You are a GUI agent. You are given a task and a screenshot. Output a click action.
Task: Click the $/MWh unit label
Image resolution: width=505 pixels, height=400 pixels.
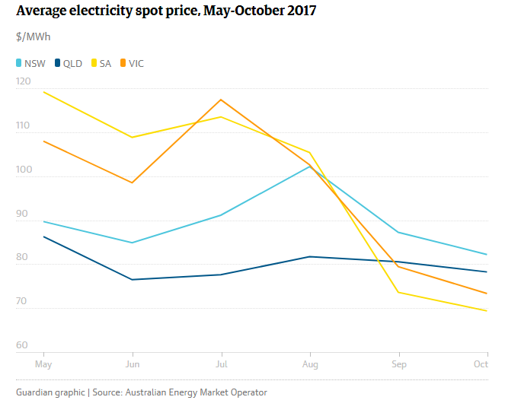pos(34,37)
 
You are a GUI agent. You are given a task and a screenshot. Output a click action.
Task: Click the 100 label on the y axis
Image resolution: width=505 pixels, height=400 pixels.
pos(24,169)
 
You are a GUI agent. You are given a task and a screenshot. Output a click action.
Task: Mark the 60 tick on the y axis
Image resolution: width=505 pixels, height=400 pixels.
pos(21,345)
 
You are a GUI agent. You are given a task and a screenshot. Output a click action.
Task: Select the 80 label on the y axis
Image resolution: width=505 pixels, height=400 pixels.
pos(21,257)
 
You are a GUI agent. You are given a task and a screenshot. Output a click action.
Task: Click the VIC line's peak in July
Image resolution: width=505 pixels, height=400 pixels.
pos(221,100)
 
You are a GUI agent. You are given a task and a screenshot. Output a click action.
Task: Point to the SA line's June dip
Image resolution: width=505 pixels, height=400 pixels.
pos(133,138)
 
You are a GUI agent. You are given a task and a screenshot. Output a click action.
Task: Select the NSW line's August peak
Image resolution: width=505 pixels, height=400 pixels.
pos(309,166)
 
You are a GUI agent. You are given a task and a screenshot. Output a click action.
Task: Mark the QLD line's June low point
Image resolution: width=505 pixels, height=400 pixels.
pos(133,280)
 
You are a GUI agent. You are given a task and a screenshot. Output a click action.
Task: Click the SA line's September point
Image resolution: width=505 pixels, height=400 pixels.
pos(398,292)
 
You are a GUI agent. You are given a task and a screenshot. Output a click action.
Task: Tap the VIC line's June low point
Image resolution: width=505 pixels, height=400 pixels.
pos(133,183)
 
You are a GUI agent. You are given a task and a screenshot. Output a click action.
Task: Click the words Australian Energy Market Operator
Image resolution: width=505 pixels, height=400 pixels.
pos(196,392)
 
